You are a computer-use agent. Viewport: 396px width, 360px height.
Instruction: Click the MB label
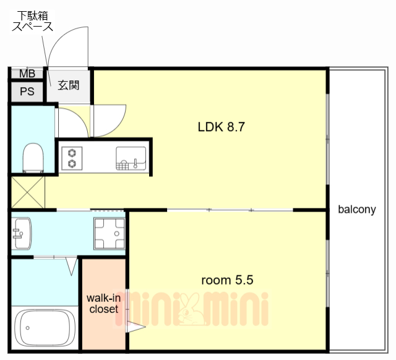pyautogui.click(x=27, y=74)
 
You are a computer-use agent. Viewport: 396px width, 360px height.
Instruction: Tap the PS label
pyautogui.click(x=27, y=92)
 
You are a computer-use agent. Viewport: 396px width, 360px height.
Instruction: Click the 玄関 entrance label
pyautogui.click(x=69, y=85)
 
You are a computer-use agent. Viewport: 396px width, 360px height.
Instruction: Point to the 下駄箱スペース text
pyautogui.click(x=33, y=22)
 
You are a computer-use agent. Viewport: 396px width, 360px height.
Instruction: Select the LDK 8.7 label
pyautogui.click(x=222, y=127)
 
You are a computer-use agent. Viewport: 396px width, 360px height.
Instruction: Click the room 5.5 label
pyautogui.click(x=227, y=280)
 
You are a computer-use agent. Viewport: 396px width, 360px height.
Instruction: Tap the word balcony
pyautogui.click(x=357, y=209)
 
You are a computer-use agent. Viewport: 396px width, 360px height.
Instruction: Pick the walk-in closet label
pyautogui.click(x=103, y=304)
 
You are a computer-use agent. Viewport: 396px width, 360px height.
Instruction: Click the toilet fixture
pyautogui.click(x=33, y=158)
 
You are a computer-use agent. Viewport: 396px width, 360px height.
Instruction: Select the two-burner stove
pyautogui.click(x=72, y=158)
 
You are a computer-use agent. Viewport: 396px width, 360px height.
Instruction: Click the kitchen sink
pyautogui.click(x=131, y=158)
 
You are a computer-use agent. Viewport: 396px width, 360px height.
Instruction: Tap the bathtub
pyautogui.click(x=45, y=328)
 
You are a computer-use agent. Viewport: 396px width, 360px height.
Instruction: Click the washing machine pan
pyautogui.click(x=110, y=234)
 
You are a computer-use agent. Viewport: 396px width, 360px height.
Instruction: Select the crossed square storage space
pyautogui.click(x=28, y=192)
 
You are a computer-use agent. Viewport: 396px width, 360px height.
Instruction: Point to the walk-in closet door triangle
pyautogui.click(x=136, y=327)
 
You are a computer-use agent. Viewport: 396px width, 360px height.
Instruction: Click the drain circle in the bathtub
pyautogui.click(x=27, y=328)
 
